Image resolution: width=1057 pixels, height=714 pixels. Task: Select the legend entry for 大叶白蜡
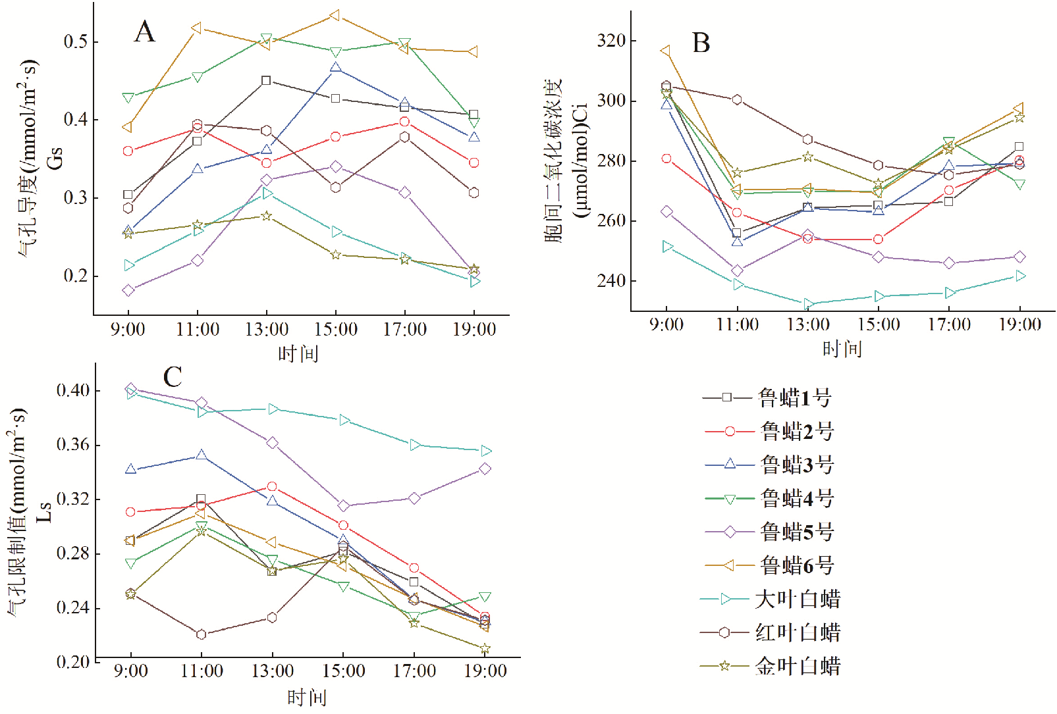[771, 599]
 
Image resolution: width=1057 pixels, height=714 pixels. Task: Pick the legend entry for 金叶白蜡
[771, 666]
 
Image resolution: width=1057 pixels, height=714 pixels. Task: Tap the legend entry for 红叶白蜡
[771, 632]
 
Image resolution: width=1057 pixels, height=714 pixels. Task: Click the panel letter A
[145, 32]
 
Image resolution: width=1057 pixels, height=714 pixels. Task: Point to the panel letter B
[701, 43]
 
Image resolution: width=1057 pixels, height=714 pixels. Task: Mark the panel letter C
[173, 377]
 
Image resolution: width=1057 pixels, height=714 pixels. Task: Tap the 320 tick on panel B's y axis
[611, 41]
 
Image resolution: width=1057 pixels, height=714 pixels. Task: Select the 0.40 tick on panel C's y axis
[72, 390]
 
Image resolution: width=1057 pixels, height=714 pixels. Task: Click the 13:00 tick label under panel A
[267, 329]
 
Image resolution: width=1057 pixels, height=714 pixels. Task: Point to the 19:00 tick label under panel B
[1019, 324]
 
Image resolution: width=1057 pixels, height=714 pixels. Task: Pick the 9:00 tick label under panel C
[130, 671]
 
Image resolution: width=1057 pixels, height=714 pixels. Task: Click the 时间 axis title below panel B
[842, 349]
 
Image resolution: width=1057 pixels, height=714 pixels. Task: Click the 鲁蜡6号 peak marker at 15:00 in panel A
[335, 15]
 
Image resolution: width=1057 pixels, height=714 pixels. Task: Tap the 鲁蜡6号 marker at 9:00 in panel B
[666, 51]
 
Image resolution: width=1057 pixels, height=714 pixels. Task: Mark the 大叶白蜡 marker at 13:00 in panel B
[808, 304]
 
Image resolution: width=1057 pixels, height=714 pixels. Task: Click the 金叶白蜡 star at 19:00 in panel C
[485, 649]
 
